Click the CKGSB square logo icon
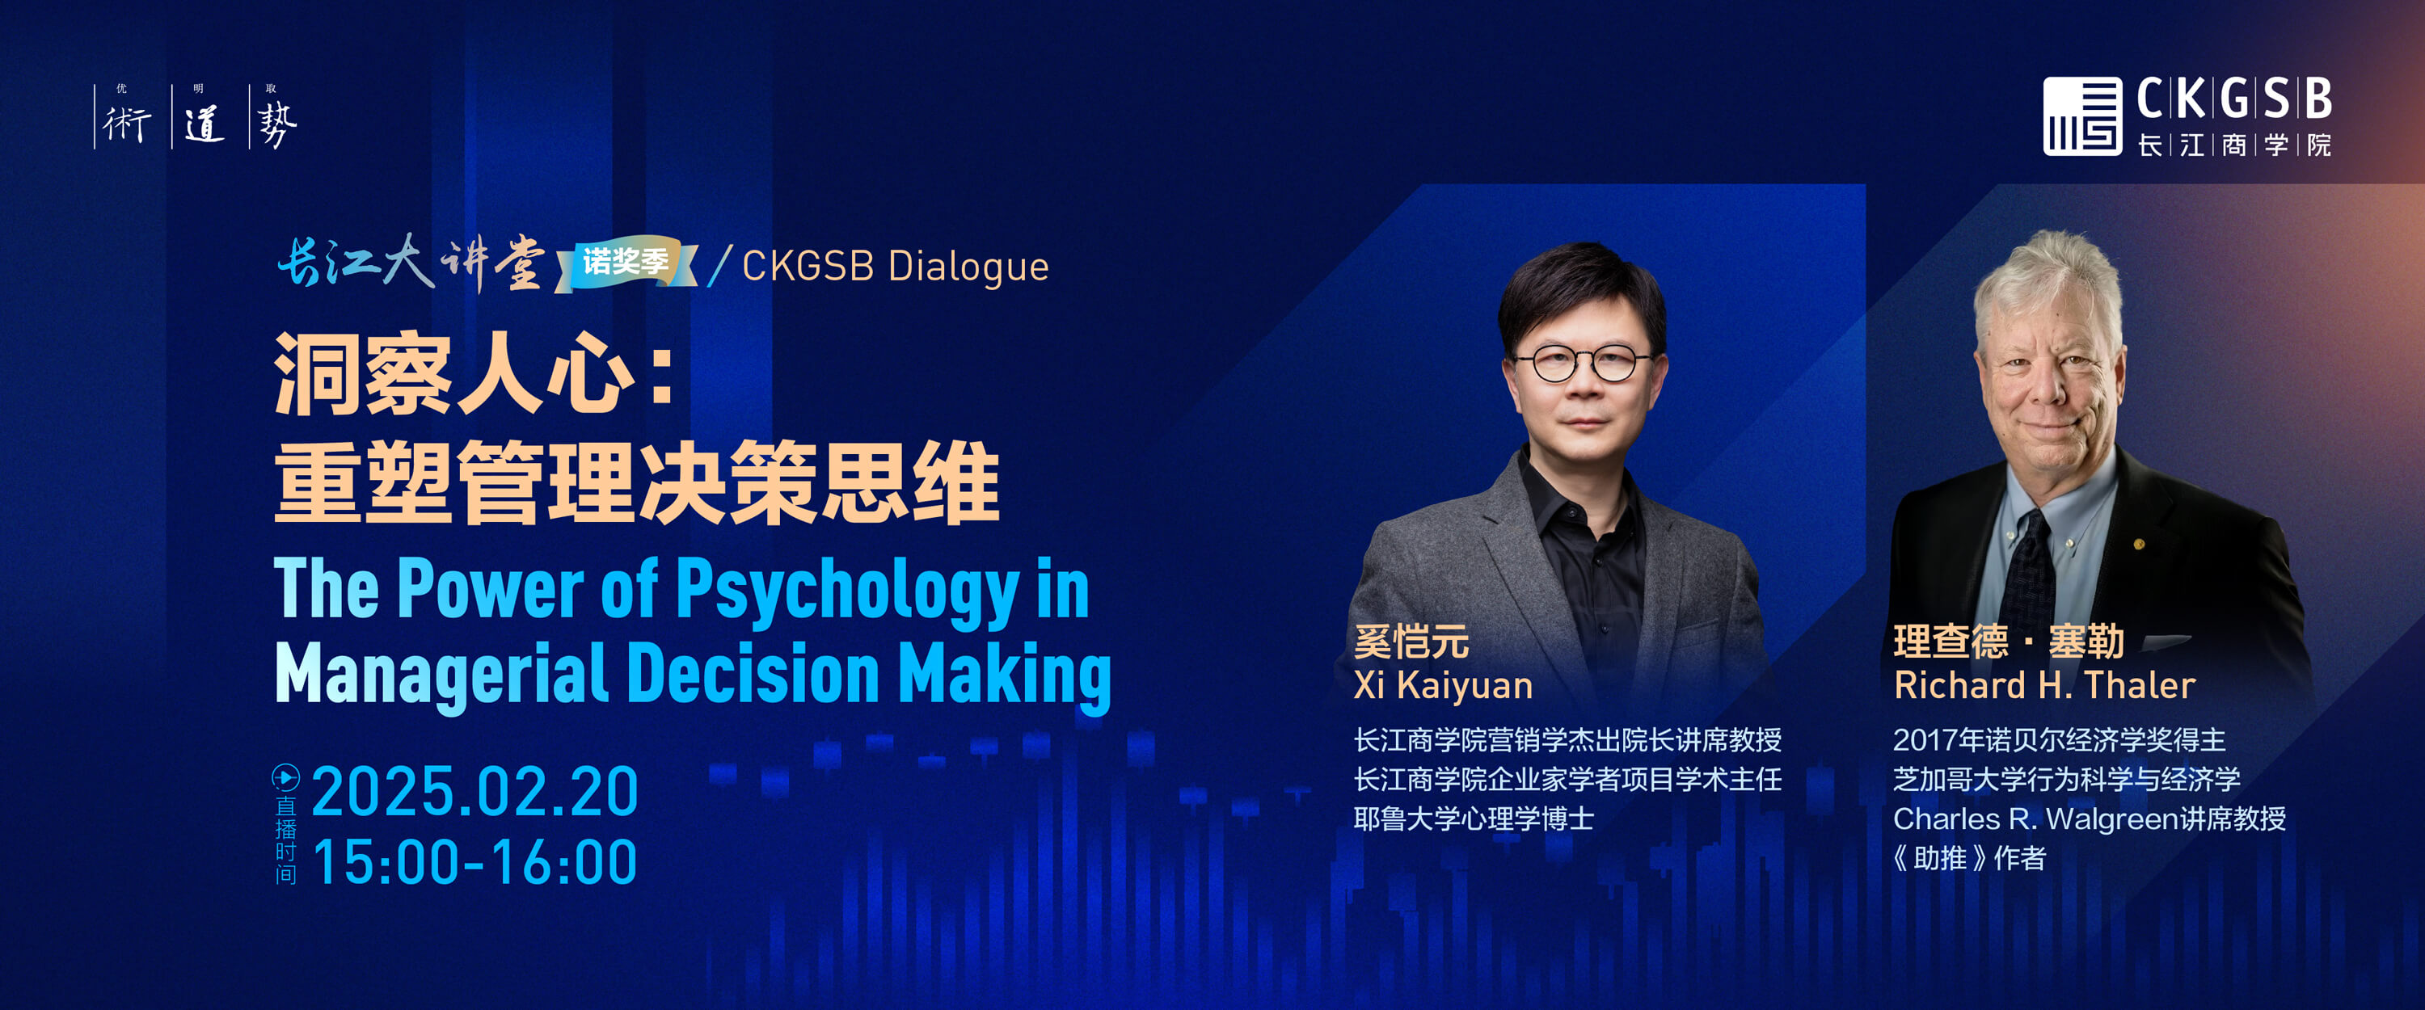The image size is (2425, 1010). [2081, 116]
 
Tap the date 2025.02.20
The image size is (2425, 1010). [475, 792]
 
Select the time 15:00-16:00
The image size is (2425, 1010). [475, 862]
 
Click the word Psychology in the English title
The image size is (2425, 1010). [847, 590]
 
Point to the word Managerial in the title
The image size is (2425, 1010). [440, 674]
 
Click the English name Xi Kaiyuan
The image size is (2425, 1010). [1443, 685]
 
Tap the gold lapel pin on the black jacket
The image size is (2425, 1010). [2139, 544]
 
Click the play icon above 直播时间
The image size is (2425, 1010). [285, 777]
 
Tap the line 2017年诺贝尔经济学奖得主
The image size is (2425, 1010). [2060, 740]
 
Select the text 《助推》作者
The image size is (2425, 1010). [1969, 858]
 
